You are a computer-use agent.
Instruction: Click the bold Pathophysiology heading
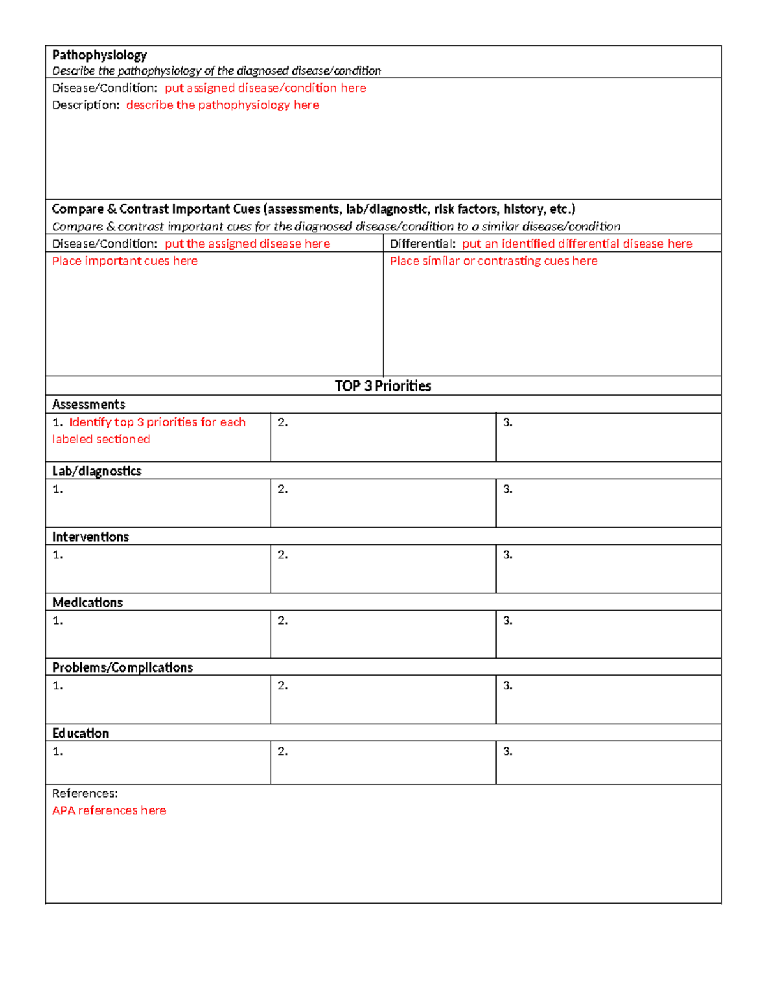click(100, 55)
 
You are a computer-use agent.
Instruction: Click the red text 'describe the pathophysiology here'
click(222, 105)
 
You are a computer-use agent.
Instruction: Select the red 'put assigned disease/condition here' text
click(265, 88)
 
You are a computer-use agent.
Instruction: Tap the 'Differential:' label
click(423, 244)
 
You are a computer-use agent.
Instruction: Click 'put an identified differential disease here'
click(577, 244)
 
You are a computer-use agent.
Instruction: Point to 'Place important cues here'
click(125, 261)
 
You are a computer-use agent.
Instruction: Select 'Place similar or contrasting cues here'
click(493, 261)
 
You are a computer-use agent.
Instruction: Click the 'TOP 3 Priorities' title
click(383, 386)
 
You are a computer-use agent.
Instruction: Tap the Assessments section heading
click(89, 405)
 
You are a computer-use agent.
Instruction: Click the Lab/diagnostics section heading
click(97, 471)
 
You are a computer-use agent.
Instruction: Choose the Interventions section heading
click(91, 537)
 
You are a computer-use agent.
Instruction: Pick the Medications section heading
click(87, 602)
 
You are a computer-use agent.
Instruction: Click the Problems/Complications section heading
click(123, 667)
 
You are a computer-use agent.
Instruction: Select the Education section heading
click(80, 733)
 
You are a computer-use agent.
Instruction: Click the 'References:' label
click(85, 793)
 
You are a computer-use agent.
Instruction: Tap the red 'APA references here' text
click(109, 810)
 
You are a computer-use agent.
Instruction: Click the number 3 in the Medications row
click(507, 620)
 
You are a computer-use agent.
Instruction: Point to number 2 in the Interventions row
click(283, 555)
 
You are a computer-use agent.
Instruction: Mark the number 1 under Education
click(57, 751)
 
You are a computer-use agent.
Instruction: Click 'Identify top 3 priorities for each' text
click(157, 422)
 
